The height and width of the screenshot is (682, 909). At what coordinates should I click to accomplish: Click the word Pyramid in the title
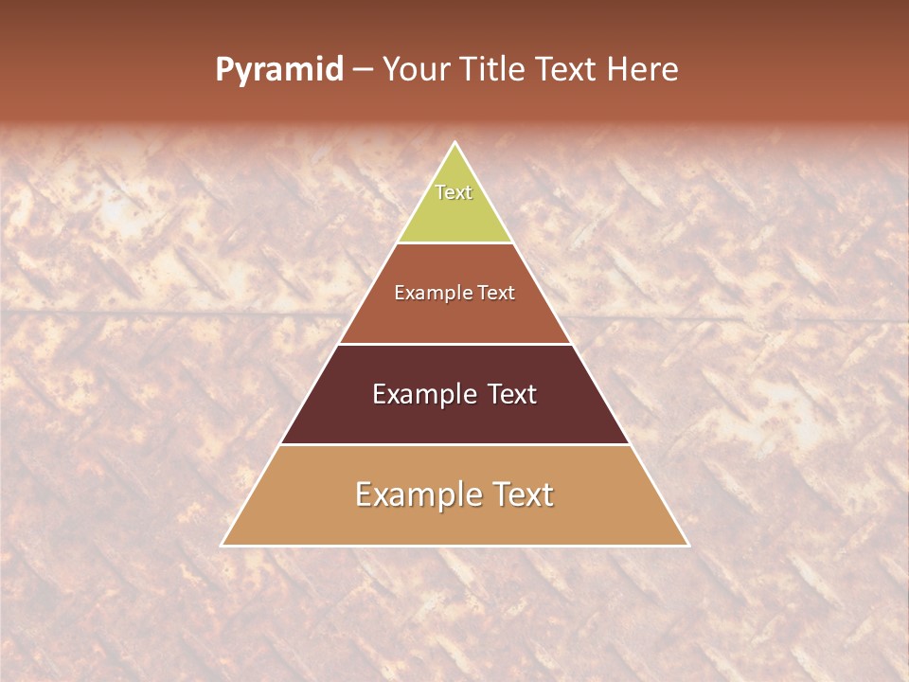[x=279, y=70]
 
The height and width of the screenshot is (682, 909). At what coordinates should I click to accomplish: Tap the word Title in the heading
[x=494, y=69]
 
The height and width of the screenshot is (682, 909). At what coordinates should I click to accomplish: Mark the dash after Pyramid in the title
[x=363, y=71]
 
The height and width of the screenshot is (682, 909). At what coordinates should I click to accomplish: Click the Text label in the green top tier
[x=454, y=192]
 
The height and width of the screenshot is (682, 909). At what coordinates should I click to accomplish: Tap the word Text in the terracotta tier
[x=496, y=293]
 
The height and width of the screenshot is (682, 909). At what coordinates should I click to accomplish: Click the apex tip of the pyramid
[x=454, y=143]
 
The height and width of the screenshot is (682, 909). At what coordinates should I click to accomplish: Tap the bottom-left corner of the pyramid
[x=223, y=545]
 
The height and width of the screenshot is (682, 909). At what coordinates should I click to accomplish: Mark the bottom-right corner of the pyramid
[x=687, y=545]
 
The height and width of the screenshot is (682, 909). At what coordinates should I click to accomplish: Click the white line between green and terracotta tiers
[x=454, y=242]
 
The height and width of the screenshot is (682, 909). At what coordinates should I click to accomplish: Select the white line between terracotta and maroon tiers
[x=454, y=344]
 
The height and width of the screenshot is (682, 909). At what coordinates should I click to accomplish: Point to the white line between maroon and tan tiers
[x=454, y=444]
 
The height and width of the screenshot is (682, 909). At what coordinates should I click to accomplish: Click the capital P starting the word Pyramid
[x=223, y=69]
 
